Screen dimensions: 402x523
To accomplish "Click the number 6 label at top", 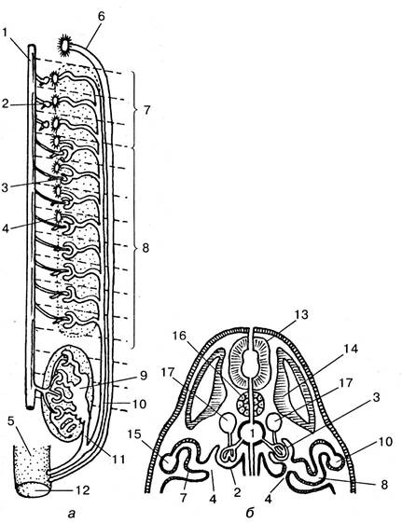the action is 101,17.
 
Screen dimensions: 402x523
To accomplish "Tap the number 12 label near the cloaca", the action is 82,489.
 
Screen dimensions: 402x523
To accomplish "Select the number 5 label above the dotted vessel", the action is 10,420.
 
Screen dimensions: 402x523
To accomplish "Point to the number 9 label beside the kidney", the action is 143,376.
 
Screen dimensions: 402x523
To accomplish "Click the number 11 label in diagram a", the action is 118,460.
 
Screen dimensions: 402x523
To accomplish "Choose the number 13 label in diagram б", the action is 301,315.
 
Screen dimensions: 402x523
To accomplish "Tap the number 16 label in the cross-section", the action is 179,336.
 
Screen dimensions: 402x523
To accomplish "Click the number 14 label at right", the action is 351,350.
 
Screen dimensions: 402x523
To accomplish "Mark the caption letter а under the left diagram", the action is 70,514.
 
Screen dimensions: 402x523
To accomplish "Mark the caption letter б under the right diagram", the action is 250,513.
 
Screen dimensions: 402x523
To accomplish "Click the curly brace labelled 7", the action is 135,109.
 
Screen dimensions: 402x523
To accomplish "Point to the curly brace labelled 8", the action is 134,249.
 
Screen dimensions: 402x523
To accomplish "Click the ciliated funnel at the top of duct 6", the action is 64,45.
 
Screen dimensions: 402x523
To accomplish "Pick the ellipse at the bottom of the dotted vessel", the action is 34,489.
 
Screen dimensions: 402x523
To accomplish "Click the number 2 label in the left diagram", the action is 5,104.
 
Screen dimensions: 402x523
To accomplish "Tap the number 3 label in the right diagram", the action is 376,398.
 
